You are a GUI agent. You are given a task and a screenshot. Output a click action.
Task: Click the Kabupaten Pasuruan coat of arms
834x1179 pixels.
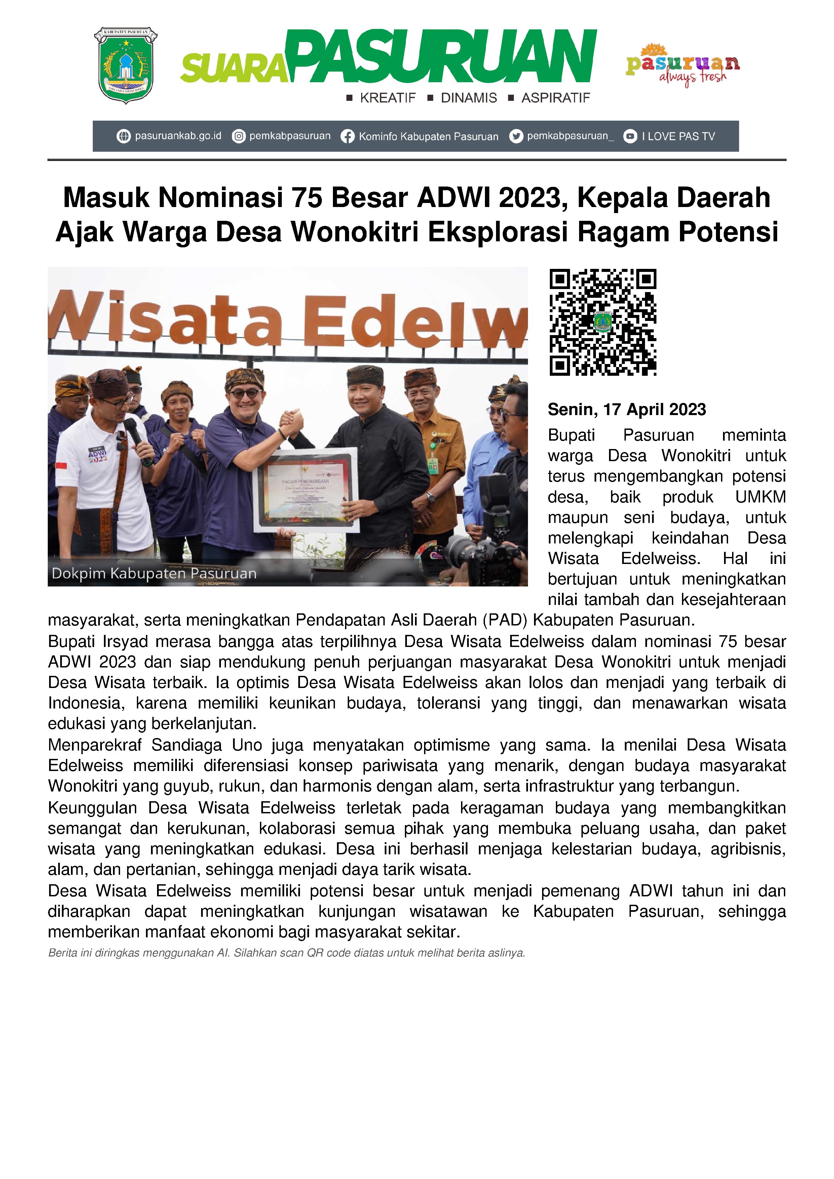tap(125, 65)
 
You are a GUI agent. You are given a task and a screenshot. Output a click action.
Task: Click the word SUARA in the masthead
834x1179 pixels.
tap(233, 69)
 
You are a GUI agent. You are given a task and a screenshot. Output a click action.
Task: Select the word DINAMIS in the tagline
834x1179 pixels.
tap(469, 98)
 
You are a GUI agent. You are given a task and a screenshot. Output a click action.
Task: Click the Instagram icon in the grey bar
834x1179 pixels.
tap(238, 136)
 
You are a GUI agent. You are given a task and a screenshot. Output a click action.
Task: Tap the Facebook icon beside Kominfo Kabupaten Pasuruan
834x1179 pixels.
tap(348, 136)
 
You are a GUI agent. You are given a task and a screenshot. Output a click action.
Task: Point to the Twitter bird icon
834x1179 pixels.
tap(516, 136)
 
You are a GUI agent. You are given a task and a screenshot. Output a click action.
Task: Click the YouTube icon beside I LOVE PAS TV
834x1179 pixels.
tap(630, 136)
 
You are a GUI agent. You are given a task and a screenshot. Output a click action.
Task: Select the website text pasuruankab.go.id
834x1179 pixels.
tap(178, 136)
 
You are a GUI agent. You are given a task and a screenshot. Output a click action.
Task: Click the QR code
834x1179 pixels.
tap(603, 322)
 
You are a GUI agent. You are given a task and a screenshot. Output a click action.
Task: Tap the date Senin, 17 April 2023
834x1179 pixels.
tap(627, 409)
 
